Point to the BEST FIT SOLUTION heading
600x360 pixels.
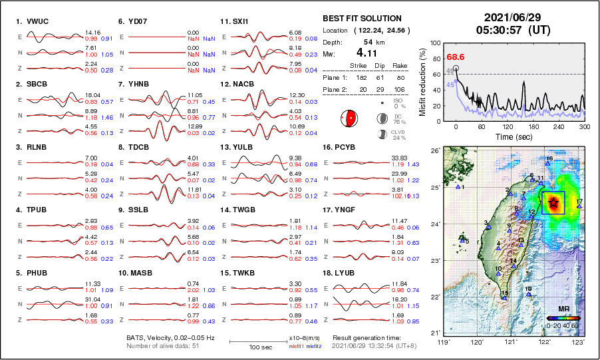click(x=362, y=19)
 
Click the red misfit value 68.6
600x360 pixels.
click(x=456, y=57)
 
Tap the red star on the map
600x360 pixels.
click(x=552, y=202)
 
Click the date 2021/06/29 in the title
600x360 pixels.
click(x=512, y=17)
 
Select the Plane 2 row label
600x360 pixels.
click(x=336, y=89)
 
